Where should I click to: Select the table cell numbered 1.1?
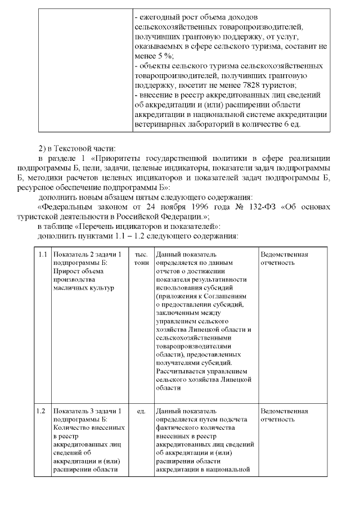point(42,255)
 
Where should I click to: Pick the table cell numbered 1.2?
point(42,411)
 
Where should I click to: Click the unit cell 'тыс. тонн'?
point(140,259)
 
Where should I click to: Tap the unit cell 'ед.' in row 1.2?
point(140,411)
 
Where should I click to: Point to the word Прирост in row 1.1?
point(66,272)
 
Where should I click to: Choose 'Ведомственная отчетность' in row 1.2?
point(285,415)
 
